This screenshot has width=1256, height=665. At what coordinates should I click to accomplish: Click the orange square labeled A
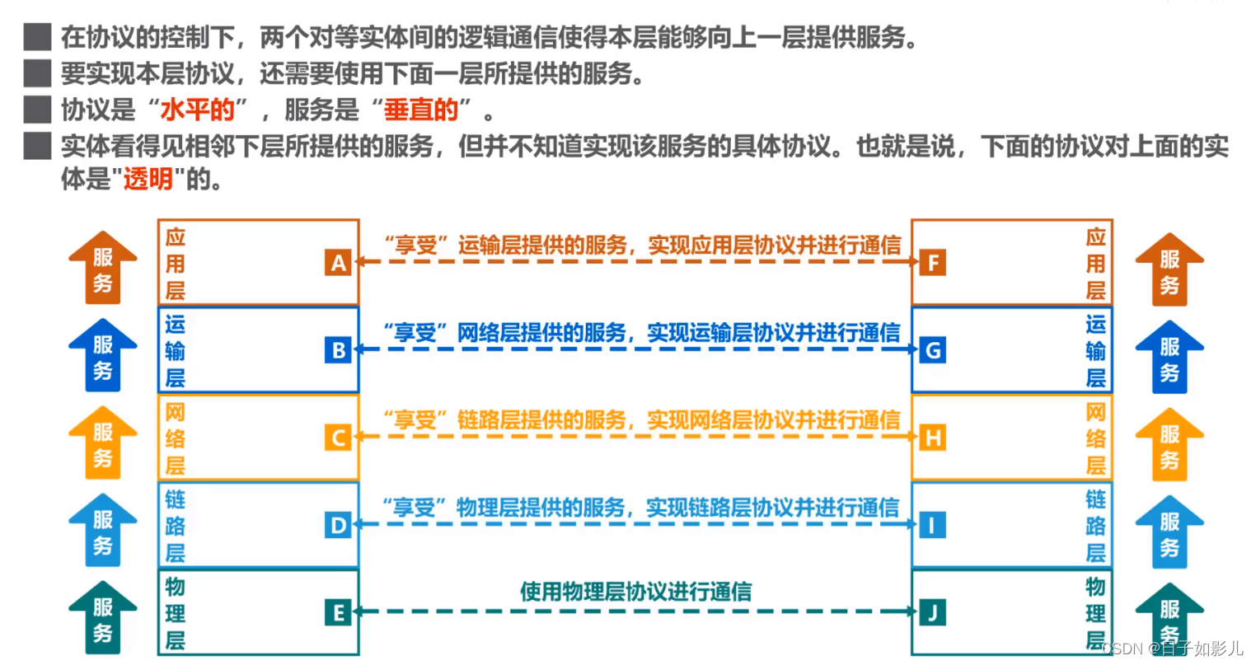[x=338, y=263]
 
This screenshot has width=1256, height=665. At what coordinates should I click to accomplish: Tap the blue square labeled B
[x=338, y=350]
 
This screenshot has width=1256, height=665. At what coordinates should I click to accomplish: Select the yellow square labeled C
[x=338, y=438]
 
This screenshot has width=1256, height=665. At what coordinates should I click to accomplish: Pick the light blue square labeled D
[x=338, y=525]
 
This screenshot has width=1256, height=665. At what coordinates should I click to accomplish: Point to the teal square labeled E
[x=338, y=612]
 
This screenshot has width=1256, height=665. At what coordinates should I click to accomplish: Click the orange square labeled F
[x=933, y=263]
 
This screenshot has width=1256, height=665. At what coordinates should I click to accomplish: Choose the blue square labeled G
[x=933, y=350]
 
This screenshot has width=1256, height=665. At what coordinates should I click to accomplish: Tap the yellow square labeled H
[x=933, y=438]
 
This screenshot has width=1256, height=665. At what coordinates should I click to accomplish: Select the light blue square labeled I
[x=933, y=525]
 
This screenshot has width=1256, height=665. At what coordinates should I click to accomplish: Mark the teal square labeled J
[x=933, y=612]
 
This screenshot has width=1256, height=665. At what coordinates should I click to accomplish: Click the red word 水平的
[x=198, y=110]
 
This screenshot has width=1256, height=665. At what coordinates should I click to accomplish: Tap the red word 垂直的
[x=421, y=110]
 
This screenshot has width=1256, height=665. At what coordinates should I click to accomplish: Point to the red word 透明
[x=148, y=179]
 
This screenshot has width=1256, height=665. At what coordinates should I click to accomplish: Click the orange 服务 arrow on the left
[x=102, y=269]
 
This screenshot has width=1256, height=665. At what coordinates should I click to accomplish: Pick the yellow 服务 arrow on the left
[x=102, y=443]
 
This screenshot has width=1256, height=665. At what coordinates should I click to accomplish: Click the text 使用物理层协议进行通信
[x=635, y=591]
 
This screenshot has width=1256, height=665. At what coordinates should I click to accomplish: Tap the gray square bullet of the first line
[x=37, y=37]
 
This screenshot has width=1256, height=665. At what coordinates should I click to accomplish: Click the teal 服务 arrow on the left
[x=102, y=618]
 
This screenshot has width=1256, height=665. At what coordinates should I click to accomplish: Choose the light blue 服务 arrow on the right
[x=1169, y=532]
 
